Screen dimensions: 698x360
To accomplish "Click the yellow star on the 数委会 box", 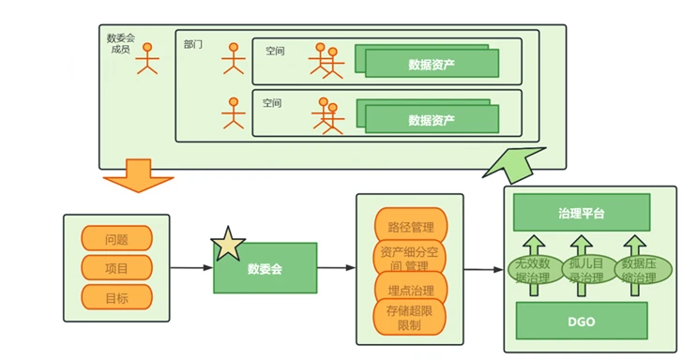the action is tap(228, 244).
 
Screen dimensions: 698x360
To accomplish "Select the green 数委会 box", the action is tap(266, 268).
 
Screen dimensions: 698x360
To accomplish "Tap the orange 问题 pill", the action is tap(116, 238).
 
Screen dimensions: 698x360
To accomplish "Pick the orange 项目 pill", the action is tap(116, 268).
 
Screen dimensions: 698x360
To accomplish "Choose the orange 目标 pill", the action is tap(116, 297).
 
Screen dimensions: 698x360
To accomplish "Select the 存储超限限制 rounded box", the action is tap(410, 317).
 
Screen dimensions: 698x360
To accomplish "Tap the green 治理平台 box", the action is tap(582, 212).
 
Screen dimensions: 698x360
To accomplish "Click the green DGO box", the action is tap(582, 321).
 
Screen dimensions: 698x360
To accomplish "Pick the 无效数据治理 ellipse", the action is tap(532, 270).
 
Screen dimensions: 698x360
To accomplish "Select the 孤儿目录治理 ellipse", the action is tap(585, 270).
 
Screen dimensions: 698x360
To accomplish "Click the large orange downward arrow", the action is tap(138, 175).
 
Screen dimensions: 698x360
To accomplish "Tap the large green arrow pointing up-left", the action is tap(514, 165).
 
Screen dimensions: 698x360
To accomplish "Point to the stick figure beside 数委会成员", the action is tap(147, 58).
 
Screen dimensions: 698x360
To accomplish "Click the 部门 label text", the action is tap(193, 44).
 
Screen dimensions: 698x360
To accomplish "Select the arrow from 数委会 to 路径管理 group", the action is tap(337, 268).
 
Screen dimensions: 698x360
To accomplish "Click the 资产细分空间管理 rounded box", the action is tap(410, 257).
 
